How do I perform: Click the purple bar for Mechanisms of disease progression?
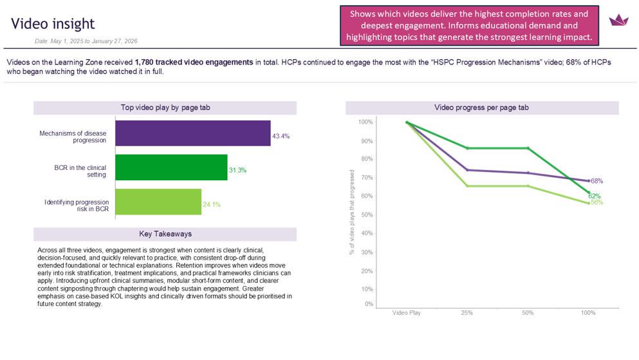pos(192,133)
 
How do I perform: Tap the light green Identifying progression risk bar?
pos(158,202)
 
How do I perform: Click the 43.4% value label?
pos(281,137)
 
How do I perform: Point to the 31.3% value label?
pos(237,171)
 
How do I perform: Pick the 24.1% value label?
pos(212,205)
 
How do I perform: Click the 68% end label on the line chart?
pos(597,181)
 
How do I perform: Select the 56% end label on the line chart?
pos(597,202)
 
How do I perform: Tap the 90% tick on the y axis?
pos(366,141)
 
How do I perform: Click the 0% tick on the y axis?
pos(368,304)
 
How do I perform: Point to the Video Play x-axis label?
pos(407,313)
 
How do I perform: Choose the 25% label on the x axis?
pos(467,313)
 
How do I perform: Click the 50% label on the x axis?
pos(528,313)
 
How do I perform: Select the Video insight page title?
pos(53,24)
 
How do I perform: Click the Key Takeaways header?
pos(165,234)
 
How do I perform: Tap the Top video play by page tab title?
pos(165,108)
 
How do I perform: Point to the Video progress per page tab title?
pos(481,108)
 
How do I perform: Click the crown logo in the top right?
pos(618,20)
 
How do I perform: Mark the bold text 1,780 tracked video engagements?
pos(194,62)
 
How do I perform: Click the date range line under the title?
pos(86,41)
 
